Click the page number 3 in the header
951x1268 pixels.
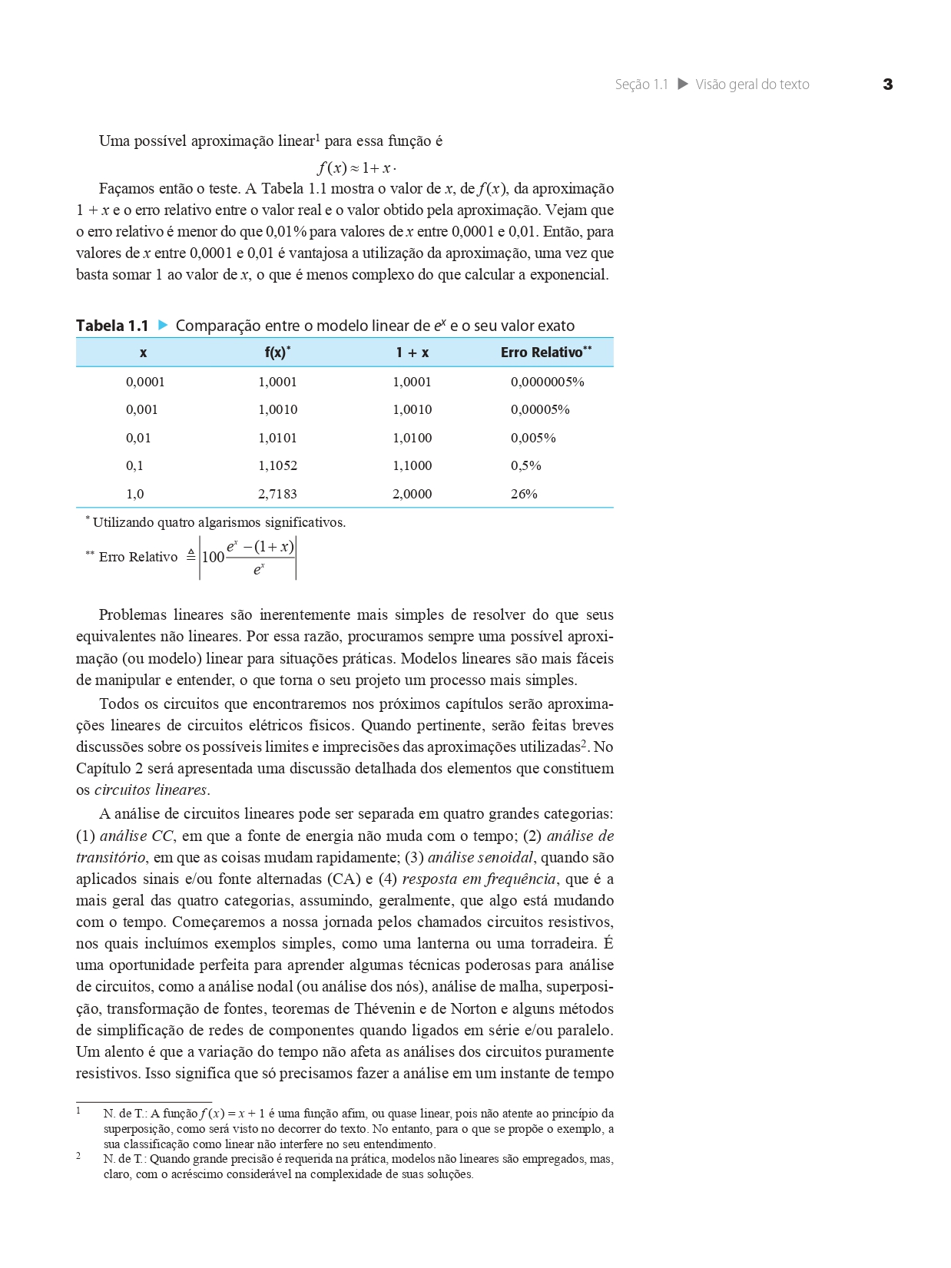888,84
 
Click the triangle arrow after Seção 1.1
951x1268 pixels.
682,84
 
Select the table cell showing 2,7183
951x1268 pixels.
277,494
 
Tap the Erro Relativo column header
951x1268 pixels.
545,353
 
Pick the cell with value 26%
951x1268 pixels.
524,494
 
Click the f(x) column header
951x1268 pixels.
277,353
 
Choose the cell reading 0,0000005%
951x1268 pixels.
547,382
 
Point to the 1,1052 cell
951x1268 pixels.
277,465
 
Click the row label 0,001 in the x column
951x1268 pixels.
141,409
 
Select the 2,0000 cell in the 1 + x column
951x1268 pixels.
412,494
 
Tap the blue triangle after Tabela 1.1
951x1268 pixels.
162,325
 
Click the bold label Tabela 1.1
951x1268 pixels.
112,326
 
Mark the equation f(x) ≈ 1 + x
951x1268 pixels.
356,167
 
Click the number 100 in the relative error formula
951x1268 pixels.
213,557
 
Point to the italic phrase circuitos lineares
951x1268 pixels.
151,790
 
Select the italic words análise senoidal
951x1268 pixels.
479,858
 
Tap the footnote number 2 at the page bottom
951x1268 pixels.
78,1156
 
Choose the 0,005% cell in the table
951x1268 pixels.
533,438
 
